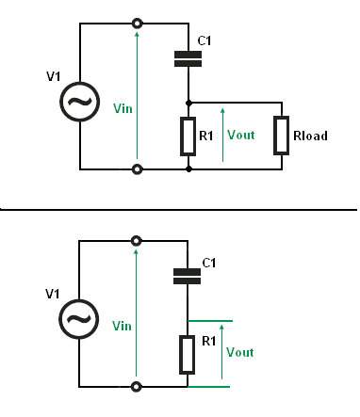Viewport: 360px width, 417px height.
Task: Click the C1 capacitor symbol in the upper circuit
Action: click(188, 59)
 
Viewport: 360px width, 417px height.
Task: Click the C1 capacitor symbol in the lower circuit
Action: click(188, 276)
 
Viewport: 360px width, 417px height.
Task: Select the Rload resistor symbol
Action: click(281, 136)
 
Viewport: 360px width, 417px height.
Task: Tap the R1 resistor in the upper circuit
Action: click(188, 136)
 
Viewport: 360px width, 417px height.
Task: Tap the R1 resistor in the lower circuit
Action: click(188, 355)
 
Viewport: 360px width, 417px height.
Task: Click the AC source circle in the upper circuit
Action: click(80, 102)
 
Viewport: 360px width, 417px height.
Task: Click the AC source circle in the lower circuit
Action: click(79, 319)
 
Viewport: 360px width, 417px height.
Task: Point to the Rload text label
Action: click(310, 136)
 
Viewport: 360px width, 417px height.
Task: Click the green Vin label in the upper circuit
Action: click(123, 108)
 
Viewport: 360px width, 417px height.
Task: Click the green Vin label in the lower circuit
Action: click(122, 326)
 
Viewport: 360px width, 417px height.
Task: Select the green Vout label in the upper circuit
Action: click(241, 135)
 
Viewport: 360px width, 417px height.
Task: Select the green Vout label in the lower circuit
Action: click(240, 352)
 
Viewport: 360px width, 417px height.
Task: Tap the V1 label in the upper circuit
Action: click(54, 76)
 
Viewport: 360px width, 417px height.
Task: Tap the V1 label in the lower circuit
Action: click(53, 294)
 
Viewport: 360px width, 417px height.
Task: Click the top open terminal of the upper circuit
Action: click(137, 24)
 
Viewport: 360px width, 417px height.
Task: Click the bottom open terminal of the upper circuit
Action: click(137, 169)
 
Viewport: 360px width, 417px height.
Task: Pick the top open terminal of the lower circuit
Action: click(136, 241)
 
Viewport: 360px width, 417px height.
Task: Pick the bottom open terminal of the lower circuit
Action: click(136, 387)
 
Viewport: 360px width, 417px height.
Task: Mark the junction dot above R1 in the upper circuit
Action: click(188, 103)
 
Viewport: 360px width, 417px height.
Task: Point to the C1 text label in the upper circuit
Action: click(205, 40)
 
